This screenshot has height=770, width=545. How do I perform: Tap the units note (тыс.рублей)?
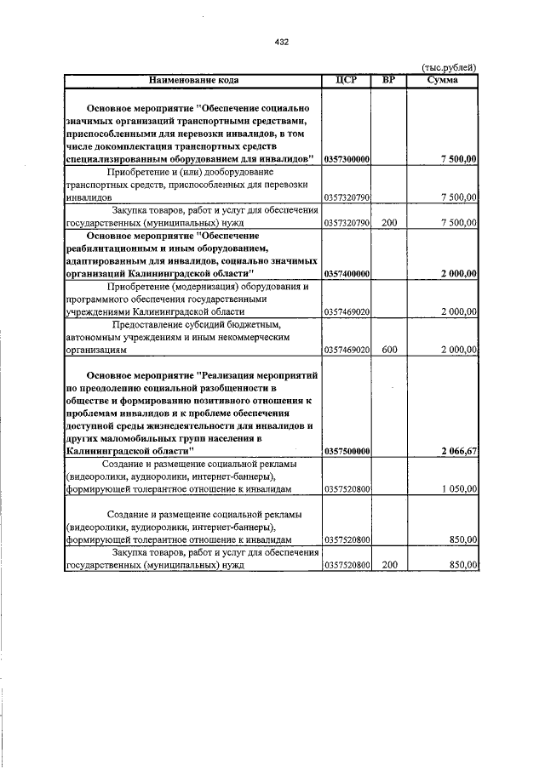pos(450,68)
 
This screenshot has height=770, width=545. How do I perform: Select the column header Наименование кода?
pos(193,80)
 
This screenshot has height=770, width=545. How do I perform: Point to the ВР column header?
pos(389,80)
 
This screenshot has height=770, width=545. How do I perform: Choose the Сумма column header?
pos(443,80)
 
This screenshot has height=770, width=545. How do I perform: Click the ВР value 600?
pos(389,350)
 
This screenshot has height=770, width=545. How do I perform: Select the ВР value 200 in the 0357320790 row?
pos(389,223)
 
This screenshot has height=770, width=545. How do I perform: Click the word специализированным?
pos(115,159)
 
